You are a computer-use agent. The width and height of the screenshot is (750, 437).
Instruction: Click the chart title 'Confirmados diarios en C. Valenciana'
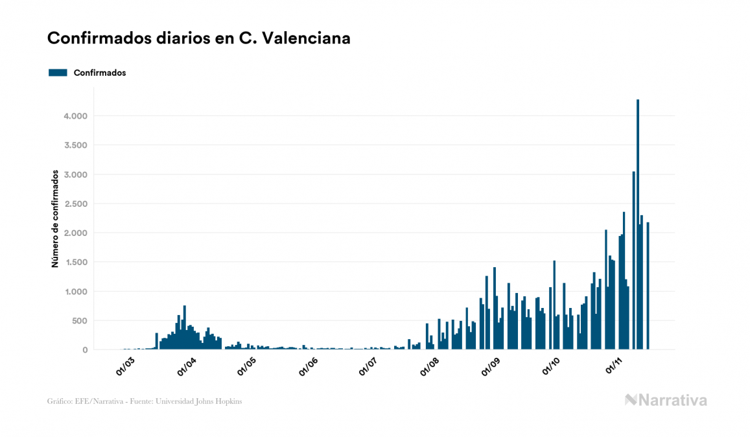click(199, 38)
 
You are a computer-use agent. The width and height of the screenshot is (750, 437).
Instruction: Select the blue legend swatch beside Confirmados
click(58, 73)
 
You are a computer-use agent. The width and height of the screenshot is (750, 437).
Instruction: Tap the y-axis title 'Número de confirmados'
click(56, 219)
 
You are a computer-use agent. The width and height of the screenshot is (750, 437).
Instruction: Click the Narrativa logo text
click(672, 400)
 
